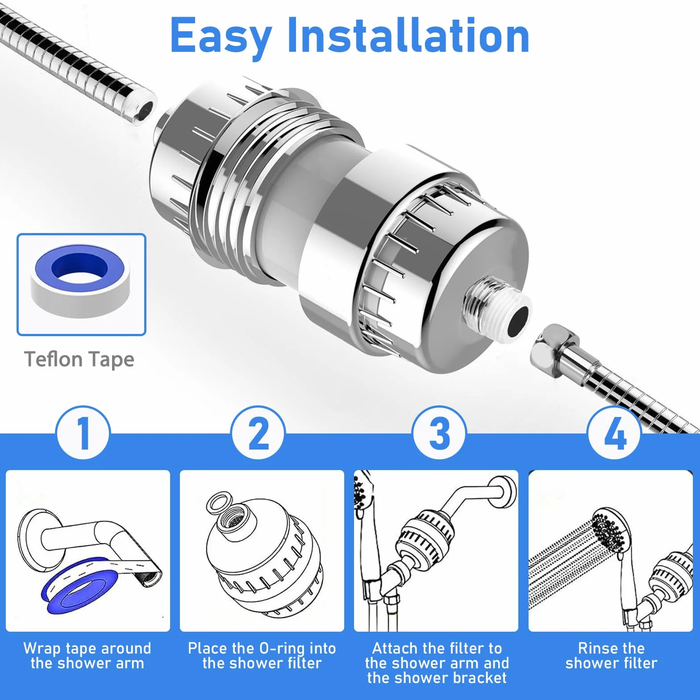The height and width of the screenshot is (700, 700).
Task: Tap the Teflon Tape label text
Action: [79, 360]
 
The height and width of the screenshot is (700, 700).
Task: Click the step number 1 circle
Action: [83, 433]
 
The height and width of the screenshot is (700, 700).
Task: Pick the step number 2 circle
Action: [258, 433]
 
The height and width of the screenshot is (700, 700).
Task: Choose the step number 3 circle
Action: [439, 433]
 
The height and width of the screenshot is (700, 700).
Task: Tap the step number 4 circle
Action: [614, 433]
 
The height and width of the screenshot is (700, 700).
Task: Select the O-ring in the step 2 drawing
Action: [220, 503]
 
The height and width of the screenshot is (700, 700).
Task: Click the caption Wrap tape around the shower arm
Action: [87, 656]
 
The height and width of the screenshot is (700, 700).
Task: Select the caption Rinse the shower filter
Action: [611, 656]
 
